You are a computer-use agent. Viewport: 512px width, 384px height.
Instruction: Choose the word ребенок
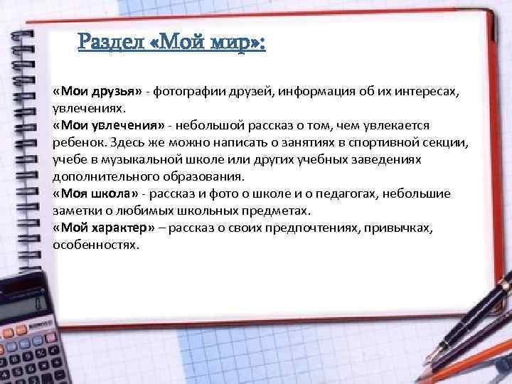(78, 142)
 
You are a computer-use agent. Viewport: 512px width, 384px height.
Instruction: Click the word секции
(444, 142)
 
